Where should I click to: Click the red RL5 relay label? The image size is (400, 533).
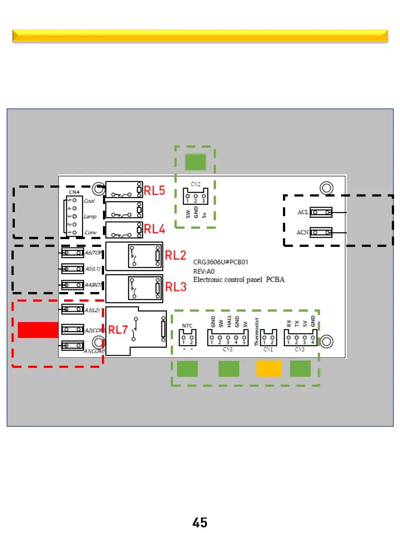pyautogui.click(x=154, y=191)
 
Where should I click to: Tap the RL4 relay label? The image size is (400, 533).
pyautogui.click(x=154, y=229)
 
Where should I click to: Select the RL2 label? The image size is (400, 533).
pyautogui.click(x=175, y=255)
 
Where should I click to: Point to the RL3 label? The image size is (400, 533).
pyautogui.click(x=176, y=287)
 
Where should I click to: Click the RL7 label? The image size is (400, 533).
pyautogui.click(x=118, y=330)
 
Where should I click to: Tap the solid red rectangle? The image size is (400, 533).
pyautogui.click(x=38, y=330)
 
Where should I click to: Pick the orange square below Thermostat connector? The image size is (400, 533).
pyautogui.click(x=269, y=369)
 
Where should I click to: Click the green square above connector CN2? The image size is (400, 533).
pyautogui.click(x=195, y=162)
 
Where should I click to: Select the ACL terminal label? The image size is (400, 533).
pyautogui.click(x=303, y=212)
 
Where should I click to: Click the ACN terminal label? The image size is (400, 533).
pyautogui.click(x=302, y=232)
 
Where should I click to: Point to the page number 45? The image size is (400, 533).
pyautogui.click(x=200, y=523)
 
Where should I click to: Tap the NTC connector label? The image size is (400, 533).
pyautogui.click(x=187, y=326)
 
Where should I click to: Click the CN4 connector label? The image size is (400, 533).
pyautogui.click(x=74, y=192)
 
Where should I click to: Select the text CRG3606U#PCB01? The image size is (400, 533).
pyautogui.click(x=221, y=262)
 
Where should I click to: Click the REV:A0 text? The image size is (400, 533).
pyautogui.click(x=204, y=271)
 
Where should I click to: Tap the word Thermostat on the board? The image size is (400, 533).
pyautogui.click(x=256, y=332)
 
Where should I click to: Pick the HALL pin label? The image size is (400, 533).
pyautogui.click(x=229, y=321)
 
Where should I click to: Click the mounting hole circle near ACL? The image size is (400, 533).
pyautogui.click(x=326, y=188)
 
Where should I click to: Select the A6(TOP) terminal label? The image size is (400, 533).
pyautogui.click(x=93, y=253)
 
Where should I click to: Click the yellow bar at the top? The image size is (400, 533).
pyautogui.click(x=200, y=36)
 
